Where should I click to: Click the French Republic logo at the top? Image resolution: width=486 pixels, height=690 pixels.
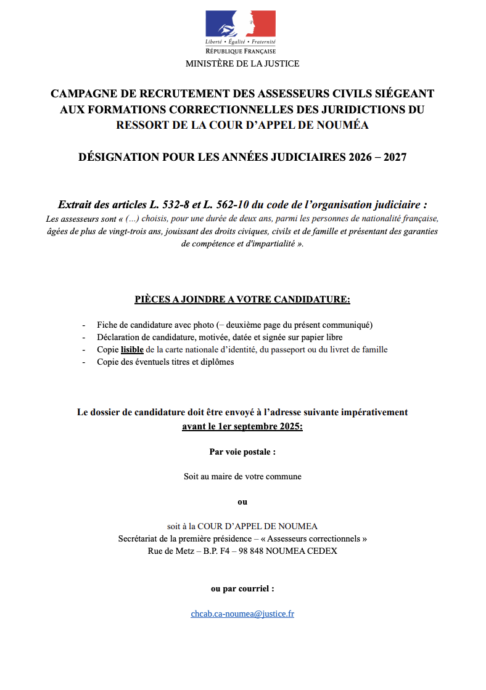241,32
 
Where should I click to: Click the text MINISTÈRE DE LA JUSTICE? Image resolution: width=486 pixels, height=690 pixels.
242,63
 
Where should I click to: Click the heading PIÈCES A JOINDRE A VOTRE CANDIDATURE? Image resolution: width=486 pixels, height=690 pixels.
242,300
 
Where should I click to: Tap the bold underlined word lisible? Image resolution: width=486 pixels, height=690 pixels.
132,350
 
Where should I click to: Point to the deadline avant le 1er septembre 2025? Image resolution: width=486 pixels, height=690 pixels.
242,426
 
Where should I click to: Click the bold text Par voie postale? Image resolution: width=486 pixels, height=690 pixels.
242,452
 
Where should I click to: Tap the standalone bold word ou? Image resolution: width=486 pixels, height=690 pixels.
242,502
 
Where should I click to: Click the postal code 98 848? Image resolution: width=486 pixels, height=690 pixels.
263,551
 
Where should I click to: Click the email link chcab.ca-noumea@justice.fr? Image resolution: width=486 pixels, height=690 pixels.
242,614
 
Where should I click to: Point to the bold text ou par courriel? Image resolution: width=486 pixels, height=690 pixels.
242,589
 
